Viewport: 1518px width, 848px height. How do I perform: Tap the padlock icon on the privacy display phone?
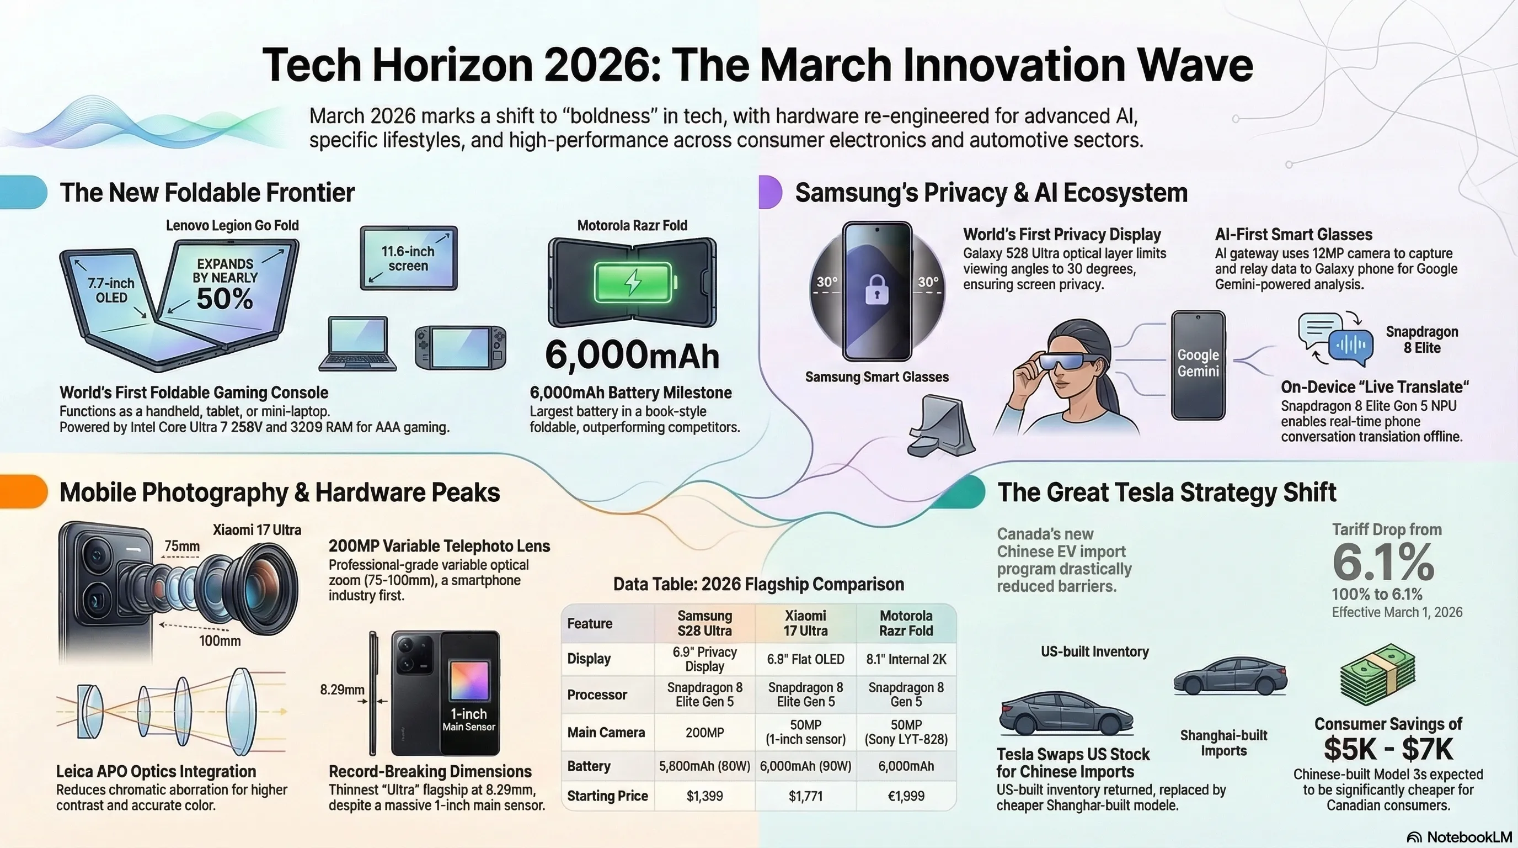pyautogui.click(x=876, y=289)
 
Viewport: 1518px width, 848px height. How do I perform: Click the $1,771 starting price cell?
pyautogui.click(x=805, y=796)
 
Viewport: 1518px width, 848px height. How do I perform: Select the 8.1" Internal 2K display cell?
pyautogui.click(x=906, y=659)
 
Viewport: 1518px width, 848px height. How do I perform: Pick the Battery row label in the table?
pyautogui.click(x=589, y=766)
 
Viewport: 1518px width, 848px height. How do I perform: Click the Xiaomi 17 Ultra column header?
pyautogui.click(x=805, y=623)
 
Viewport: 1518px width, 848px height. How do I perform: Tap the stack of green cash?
pyautogui.click(x=1378, y=675)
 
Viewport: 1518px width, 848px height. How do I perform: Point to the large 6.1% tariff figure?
pyautogui.click(x=1383, y=562)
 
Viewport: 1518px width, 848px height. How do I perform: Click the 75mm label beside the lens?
pyautogui.click(x=181, y=546)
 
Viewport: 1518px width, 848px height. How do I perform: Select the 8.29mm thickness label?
pyautogui.click(x=342, y=690)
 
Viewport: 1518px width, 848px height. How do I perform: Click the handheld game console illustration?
pyautogui.click(x=460, y=347)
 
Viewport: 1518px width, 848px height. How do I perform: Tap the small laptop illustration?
pyautogui.click(x=357, y=344)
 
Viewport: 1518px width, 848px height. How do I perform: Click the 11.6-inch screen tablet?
pyautogui.click(x=408, y=258)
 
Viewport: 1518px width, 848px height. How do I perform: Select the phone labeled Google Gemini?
pyautogui.click(x=1198, y=365)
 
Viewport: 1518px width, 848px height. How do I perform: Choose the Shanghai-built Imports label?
pyautogui.click(x=1223, y=743)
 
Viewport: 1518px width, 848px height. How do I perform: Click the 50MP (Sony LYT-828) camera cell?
pyautogui.click(x=906, y=732)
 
